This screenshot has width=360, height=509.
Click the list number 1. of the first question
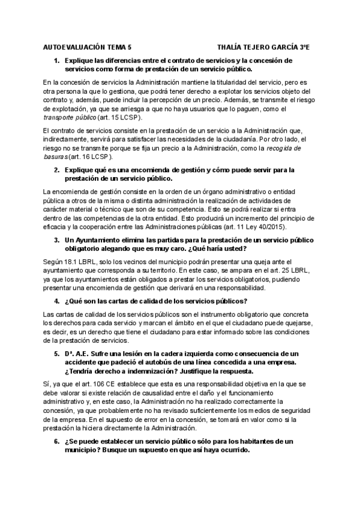pyautogui.click(x=57, y=61)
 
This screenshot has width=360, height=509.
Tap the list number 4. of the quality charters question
pyautogui.click(x=57, y=301)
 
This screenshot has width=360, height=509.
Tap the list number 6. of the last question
pyautogui.click(x=57, y=441)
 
